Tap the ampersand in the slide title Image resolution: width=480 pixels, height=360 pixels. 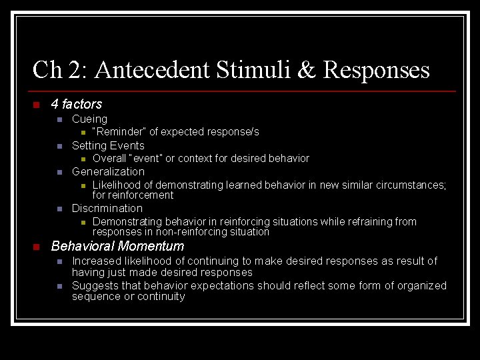[x=307, y=70]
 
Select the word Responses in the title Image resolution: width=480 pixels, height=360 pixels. [x=376, y=70]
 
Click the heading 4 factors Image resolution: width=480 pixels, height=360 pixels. [x=77, y=104]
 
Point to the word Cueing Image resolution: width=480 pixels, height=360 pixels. [x=89, y=119]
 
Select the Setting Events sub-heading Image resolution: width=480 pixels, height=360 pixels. [x=108, y=145]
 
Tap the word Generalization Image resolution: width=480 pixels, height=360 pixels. [x=108, y=171]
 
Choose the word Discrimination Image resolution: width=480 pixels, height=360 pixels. [x=107, y=208]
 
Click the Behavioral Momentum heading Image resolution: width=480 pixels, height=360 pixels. [x=117, y=247]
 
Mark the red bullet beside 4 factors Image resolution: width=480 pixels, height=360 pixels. [x=36, y=105]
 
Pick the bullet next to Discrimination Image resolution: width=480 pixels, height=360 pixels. [x=59, y=209]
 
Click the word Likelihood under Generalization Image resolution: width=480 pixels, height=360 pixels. [x=116, y=185]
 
